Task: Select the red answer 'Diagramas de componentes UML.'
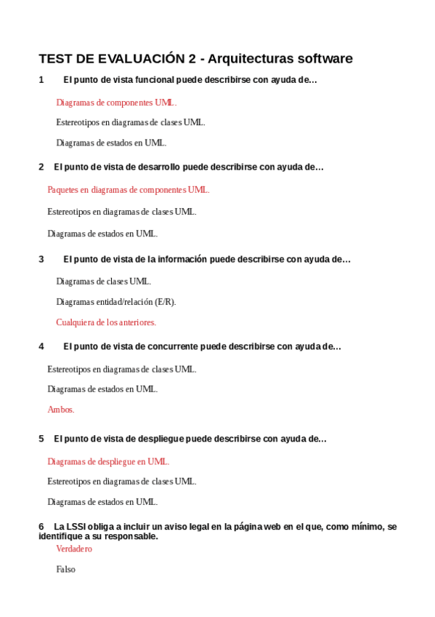116,103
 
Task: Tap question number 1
41,80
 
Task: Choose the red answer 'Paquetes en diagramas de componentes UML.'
128,190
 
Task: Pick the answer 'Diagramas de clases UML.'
103,282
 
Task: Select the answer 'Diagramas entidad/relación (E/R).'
115,302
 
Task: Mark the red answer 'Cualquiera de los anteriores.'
106,322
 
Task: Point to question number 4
41,347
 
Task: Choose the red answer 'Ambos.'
61,410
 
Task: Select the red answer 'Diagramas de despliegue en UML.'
108,461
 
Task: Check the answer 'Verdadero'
74,549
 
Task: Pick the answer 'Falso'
65,570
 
